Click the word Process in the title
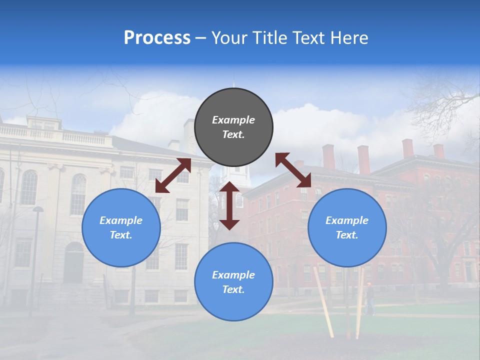[x=157, y=38]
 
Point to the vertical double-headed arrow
[x=229, y=205]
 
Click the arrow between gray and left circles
[x=173, y=175]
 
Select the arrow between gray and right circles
[x=293, y=170]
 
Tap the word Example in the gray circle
[x=233, y=120]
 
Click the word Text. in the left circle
[x=121, y=235]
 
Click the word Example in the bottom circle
[x=233, y=274]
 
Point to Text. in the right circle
[x=347, y=235]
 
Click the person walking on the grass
[x=369, y=299]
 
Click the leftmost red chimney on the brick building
[x=328, y=156]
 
